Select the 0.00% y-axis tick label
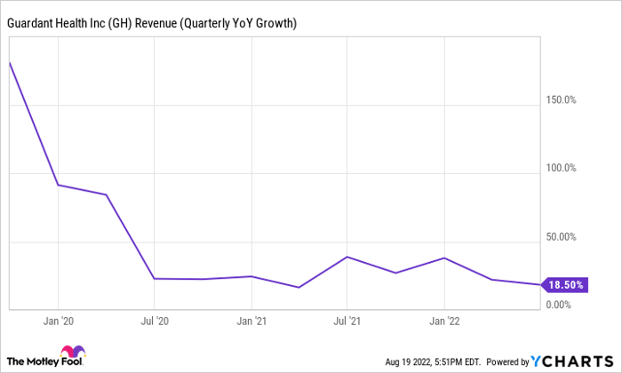point(562,305)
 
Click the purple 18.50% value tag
point(565,285)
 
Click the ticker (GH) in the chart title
point(137,21)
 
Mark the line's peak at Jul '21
point(347,257)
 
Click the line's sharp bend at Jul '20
point(155,279)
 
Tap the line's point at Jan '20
point(58,185)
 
